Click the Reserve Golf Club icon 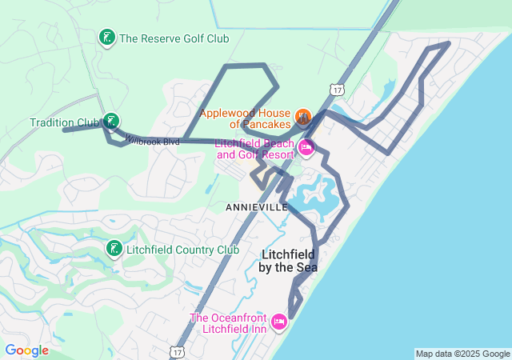click(x=106, y=38)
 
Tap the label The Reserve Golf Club click(x=174, y=38)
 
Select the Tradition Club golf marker click(x=112, y=122)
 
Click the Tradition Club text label click(x=64, y=122)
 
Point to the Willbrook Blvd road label click(x=152, y=141)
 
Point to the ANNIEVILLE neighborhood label click(x=257, y=207)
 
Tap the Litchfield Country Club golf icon click(x=114, y=250)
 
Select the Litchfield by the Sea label click(x=288, y=261)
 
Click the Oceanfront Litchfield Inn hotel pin click(x=278, y=322)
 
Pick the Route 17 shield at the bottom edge click(x=177, y=353)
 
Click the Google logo click(x=26, y=350)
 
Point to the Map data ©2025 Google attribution click(x=462, y=354)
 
